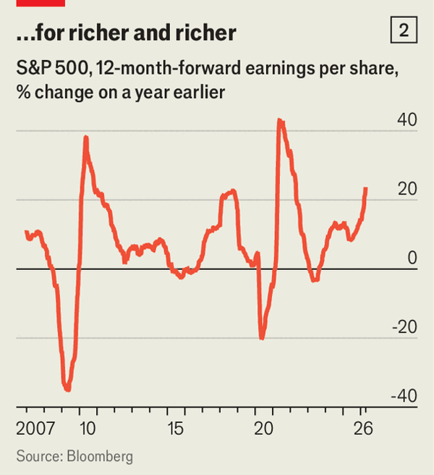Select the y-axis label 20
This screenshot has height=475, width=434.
click(407, 189)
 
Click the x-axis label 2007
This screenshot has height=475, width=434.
click(33, 428)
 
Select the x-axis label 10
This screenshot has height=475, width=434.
click(88, 428)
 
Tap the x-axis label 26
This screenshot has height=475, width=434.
click(364, 428)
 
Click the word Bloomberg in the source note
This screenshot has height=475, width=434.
click(100, 457)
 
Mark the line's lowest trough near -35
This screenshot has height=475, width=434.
click(67, 390)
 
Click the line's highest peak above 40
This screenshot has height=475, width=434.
click(280, 120)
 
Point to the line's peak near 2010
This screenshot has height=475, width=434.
click(86, 137)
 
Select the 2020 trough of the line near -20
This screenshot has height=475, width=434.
click(262, 337)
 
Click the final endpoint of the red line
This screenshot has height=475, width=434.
click(366, 188)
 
